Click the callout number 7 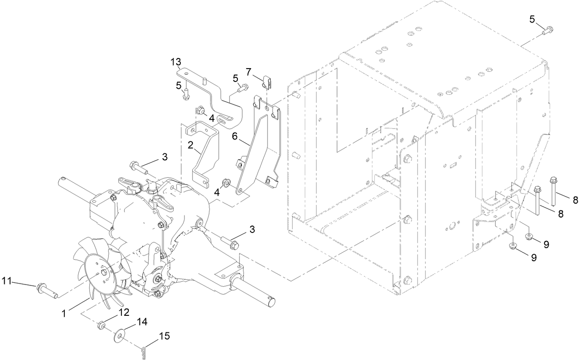pos(249,72)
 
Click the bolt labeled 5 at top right pos(548,31)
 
